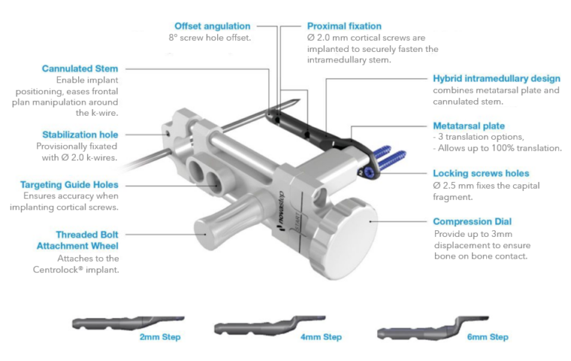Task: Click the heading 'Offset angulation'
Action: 212,26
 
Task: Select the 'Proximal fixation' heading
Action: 345,26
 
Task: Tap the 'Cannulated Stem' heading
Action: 80,69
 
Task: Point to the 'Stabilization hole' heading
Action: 81,134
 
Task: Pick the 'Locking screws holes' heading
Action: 481,173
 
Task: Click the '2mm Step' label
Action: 160,337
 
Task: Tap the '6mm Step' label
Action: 488,337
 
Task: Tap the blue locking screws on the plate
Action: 389,158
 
